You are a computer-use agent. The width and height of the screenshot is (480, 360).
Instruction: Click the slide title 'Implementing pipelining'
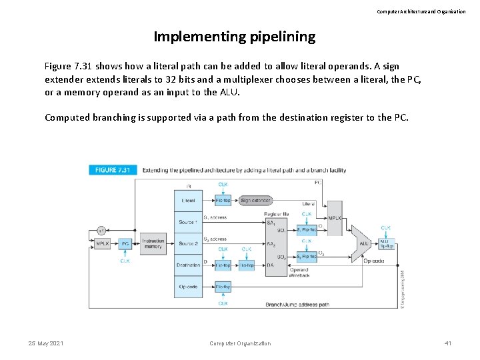(x=234, y=37)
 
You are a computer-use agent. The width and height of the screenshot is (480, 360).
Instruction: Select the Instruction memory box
(x=153, y=243)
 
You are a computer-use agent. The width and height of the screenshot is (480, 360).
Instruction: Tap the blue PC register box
(x=125, y=243)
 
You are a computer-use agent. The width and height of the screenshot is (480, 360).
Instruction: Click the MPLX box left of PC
(x=102, y=243)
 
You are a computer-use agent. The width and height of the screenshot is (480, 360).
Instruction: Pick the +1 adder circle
(x=101, y=230)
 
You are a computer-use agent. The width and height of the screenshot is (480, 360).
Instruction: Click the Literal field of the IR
(x=188, y=199)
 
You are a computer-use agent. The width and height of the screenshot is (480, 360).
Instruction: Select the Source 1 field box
(x=188, y=221)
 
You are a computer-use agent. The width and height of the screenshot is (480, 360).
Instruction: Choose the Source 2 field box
(x=188, y=243)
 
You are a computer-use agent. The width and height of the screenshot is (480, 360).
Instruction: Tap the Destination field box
(x=188, y=265)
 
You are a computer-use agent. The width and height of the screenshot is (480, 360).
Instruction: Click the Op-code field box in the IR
(x=188, y=287)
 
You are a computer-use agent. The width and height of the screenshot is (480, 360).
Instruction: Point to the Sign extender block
(x=255, y=199)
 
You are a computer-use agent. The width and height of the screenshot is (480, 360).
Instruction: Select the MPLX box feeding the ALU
(x=334, y=218)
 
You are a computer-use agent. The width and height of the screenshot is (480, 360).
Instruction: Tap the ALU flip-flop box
(x=386, y=244)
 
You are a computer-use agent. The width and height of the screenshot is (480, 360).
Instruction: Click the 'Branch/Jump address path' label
(x=297, y=304)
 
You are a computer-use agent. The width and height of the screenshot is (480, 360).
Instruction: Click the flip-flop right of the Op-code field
(x=223, y=287)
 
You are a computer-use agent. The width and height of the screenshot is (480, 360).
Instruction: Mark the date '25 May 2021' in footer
(x=46, y=343)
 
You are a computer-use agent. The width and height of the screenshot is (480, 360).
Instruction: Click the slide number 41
(x=447, y=343)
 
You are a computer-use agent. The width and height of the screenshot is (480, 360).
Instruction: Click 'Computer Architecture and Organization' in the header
(x=421, y=11)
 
